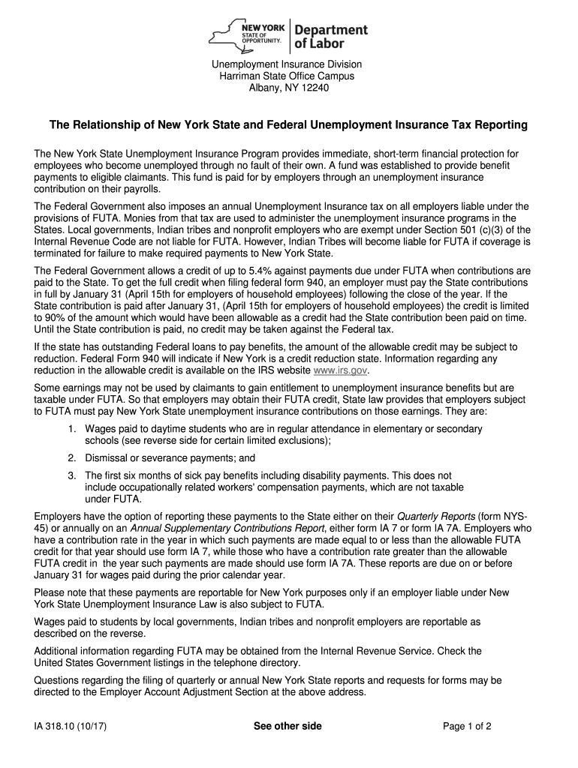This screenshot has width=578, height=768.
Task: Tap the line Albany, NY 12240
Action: [289, 88]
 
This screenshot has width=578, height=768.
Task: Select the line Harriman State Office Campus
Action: [289, 76]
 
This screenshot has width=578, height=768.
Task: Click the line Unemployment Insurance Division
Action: [289, 64]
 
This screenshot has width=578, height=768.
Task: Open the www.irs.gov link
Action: [341, 370]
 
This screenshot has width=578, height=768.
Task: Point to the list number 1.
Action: [71, 429]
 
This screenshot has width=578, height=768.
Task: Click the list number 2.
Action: [71, 457]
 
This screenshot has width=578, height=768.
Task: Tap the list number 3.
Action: [71, 475]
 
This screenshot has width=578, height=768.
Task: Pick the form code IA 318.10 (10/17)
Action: [69, 726]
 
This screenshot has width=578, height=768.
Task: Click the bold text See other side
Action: [287, 726]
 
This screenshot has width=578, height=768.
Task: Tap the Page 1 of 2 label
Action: [467, 726]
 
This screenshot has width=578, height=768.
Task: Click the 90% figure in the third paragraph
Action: [52, 318]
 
